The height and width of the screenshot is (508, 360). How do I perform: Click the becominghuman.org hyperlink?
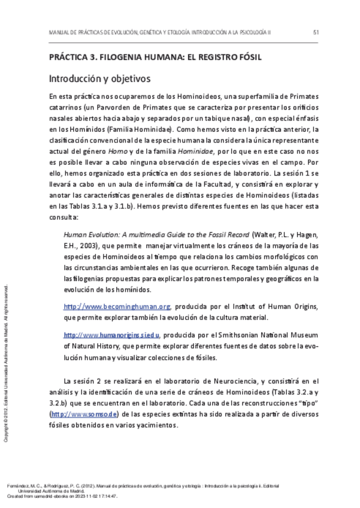[117, 307]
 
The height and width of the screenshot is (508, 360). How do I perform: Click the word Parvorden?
[105, 107]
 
